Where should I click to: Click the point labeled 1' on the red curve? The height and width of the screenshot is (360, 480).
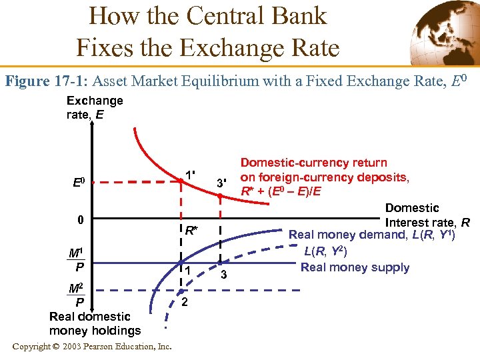180,181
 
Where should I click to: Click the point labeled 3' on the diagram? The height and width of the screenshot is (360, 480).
219,195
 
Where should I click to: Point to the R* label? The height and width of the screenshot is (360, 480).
191,231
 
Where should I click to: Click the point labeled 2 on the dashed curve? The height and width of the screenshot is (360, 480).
180,291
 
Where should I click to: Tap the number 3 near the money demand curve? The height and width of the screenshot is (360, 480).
225,275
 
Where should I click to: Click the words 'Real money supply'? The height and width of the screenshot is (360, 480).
355,267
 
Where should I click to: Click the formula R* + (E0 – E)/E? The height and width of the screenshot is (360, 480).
281,192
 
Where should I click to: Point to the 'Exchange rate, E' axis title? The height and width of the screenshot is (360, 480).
94,107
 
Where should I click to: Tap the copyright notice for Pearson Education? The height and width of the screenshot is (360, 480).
92,346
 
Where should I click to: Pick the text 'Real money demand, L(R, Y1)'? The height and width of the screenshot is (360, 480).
371,235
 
